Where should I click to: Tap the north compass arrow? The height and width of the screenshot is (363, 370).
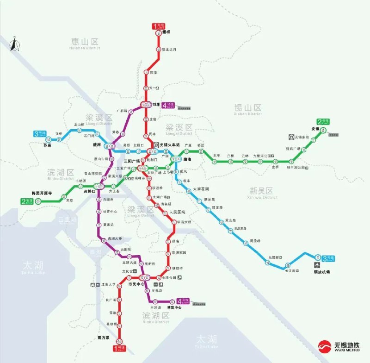tap(14, 44)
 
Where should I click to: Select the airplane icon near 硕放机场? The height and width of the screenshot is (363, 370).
tap(317, 265)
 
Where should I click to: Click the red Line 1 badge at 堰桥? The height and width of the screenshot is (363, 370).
tap(158, 26)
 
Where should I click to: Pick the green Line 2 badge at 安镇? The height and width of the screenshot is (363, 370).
tap(323, 122)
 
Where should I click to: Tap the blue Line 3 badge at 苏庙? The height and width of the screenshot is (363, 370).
tap(40, 134)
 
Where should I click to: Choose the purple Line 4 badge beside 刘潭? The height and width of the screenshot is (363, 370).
tap(169, 105)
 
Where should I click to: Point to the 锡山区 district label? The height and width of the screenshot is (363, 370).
tap(248, 108)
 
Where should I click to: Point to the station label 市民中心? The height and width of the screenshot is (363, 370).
tap(136, 284)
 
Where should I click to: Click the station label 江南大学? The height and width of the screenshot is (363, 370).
tap(108, 285)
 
